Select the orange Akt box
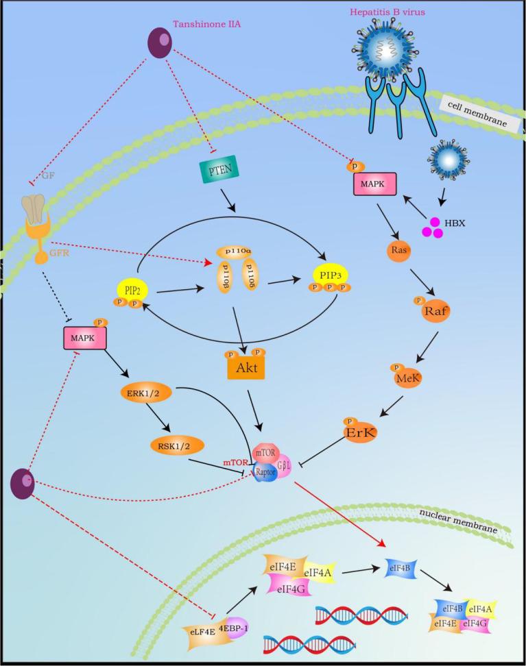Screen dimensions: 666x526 245,368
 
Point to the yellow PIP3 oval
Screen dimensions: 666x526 330,275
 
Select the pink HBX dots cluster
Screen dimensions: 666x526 432,228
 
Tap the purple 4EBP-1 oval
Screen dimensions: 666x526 233,626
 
